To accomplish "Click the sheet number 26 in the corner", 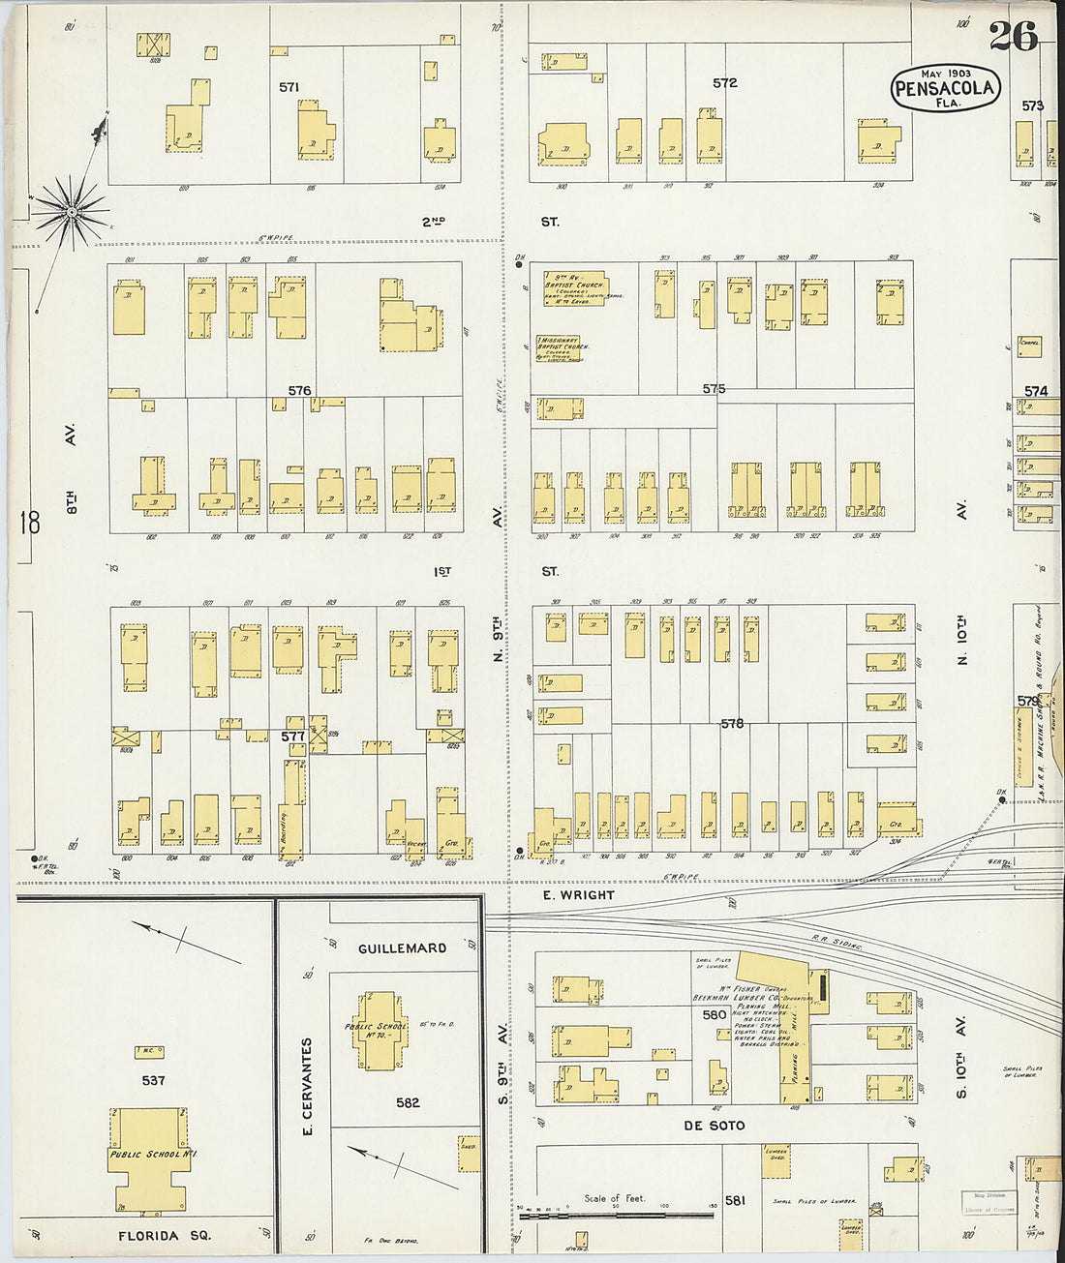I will pos(1013,36).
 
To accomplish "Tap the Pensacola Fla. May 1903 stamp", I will pos(945,88).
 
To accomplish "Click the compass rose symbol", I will pos(72,208).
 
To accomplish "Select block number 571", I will pos(289,87).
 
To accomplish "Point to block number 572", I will pos(724,83).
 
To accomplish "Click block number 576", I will pos(299,391).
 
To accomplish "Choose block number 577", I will pos(292,737).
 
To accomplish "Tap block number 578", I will pos(732,723).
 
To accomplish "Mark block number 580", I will pos(715,1014).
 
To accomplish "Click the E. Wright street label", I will pos(578,895).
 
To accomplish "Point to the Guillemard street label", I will pos(402,948).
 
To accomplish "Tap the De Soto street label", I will pos(714,1126).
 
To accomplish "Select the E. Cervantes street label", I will pos(307,1086).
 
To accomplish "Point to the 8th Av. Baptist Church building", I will pos(574,287).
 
